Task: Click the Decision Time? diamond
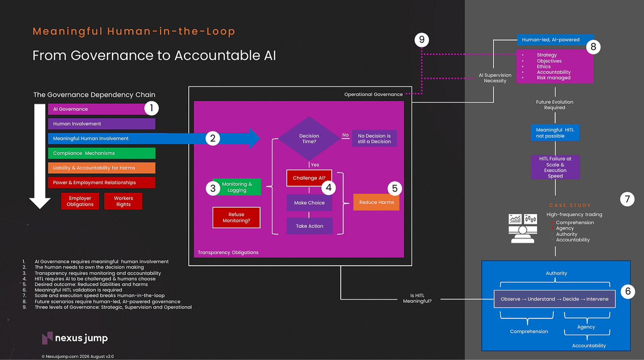(x=309, y=138)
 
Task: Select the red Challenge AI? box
(x=309, y=178)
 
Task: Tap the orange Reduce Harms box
(x=376, y=202)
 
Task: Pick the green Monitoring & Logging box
(x=237, y=187)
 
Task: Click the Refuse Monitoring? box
(x=236, y=218)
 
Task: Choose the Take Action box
(x=309, y=226)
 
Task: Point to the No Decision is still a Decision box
(x=374, y=138)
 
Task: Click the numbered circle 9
(x=422, y=39)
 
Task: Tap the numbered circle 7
(x=627, y=199)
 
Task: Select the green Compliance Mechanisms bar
(x=102, y=153)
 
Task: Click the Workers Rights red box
(x=123, y=201)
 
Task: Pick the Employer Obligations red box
(x=80, y=201)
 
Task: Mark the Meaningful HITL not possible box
(x=555, y=133)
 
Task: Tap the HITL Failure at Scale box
(x=555, y=167)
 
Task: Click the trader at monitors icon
(x=523, y=229)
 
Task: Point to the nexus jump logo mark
(x=47, y=338)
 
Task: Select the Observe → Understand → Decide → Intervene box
(x=555, y=299)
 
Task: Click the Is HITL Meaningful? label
(x=417, y=298)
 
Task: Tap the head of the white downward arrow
(x=40, y=203)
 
